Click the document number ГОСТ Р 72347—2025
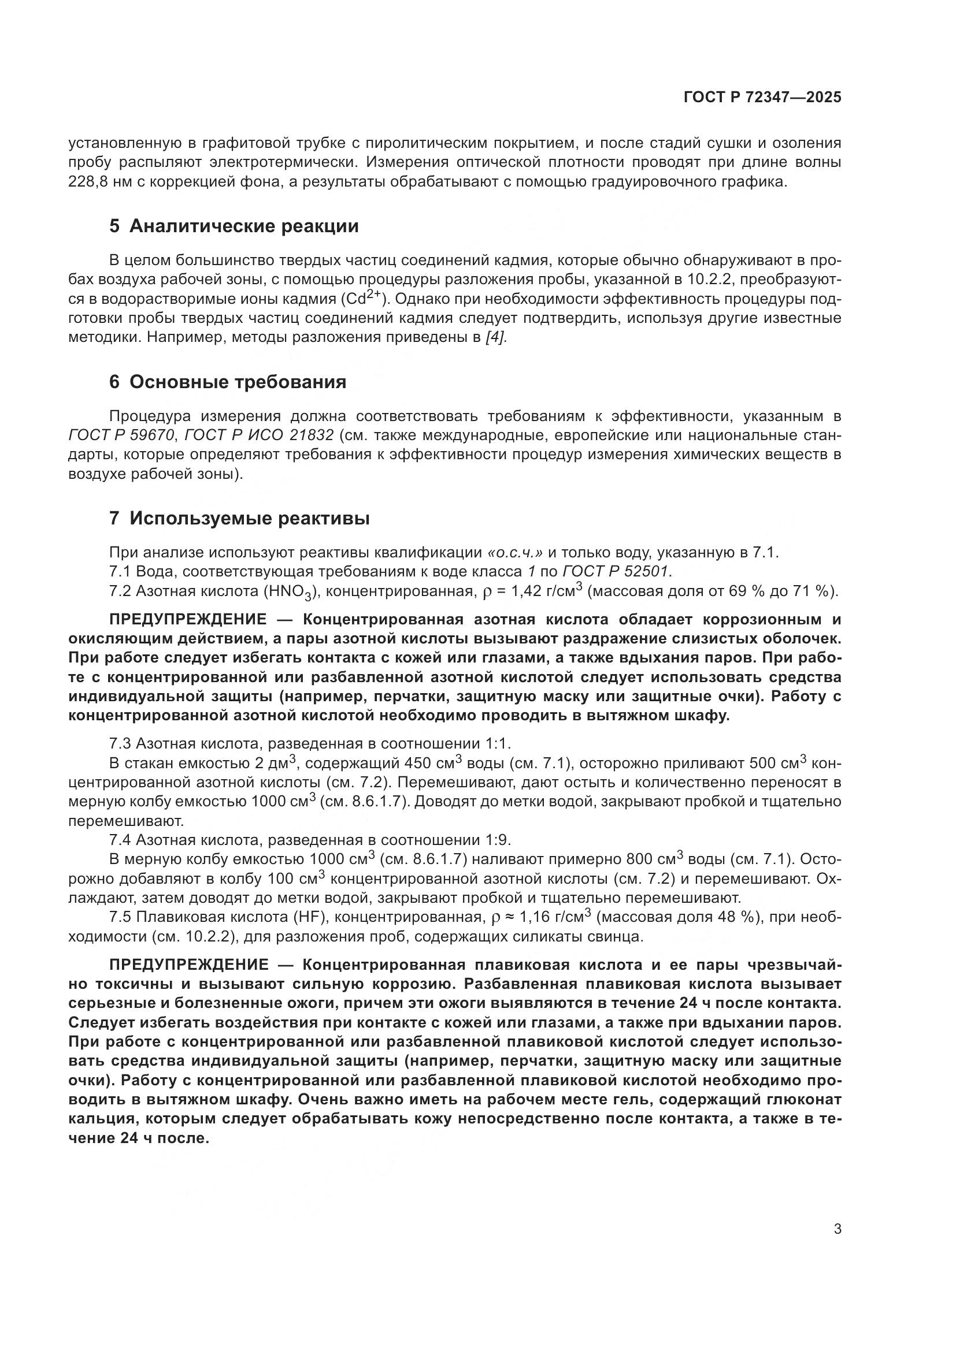762,98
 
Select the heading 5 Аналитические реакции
234,226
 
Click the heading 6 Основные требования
228,382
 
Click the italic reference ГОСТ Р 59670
122,436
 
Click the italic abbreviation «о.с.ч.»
514,553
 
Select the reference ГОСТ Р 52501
617,571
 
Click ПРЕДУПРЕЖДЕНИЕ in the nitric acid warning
188,620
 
